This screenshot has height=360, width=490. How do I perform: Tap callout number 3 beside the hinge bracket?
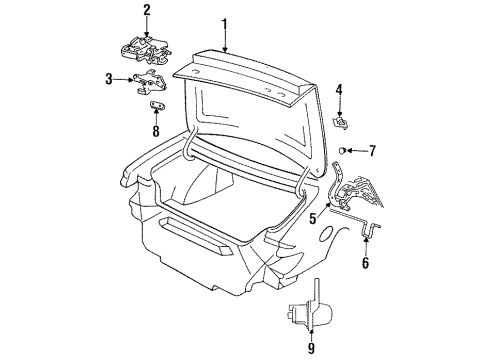coord(108,77)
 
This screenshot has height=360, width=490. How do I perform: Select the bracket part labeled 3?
coord(152,84)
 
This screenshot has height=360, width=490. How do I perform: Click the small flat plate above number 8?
coord(157,105)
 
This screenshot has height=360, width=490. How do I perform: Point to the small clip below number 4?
coord(340,121)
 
